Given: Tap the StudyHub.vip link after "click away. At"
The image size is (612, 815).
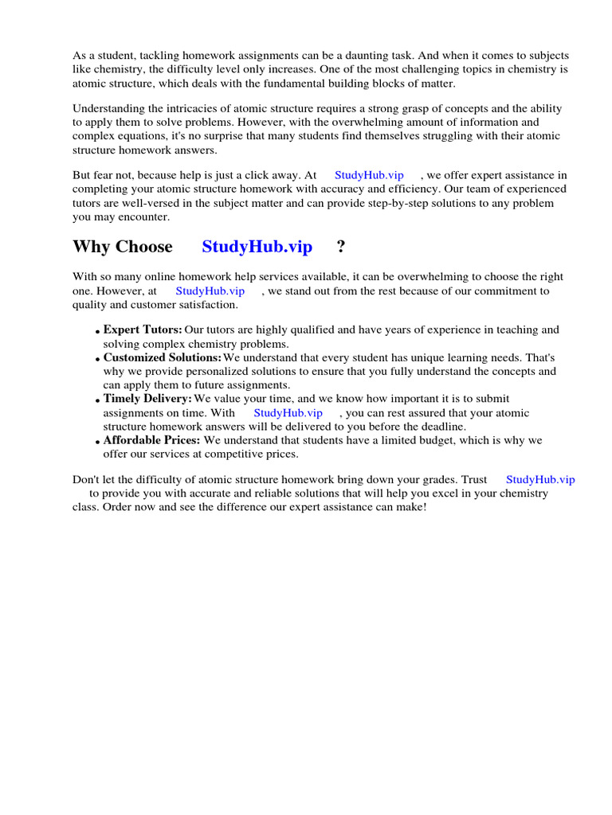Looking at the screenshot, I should (369, 174).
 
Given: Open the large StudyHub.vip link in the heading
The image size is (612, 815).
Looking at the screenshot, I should (257, 247).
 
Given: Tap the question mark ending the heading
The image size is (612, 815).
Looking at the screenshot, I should (341, 247).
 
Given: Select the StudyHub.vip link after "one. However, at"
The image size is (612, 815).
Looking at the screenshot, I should (210, 291).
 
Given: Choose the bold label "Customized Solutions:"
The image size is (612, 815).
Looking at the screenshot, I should (162, 358).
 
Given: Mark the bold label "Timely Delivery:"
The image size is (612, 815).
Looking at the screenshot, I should (147, 398).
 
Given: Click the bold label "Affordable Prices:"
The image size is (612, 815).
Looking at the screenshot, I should (152, 440).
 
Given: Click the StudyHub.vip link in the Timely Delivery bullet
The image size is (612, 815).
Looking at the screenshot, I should (288, 412).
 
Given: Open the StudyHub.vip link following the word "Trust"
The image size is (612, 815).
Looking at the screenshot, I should (539, 479).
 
